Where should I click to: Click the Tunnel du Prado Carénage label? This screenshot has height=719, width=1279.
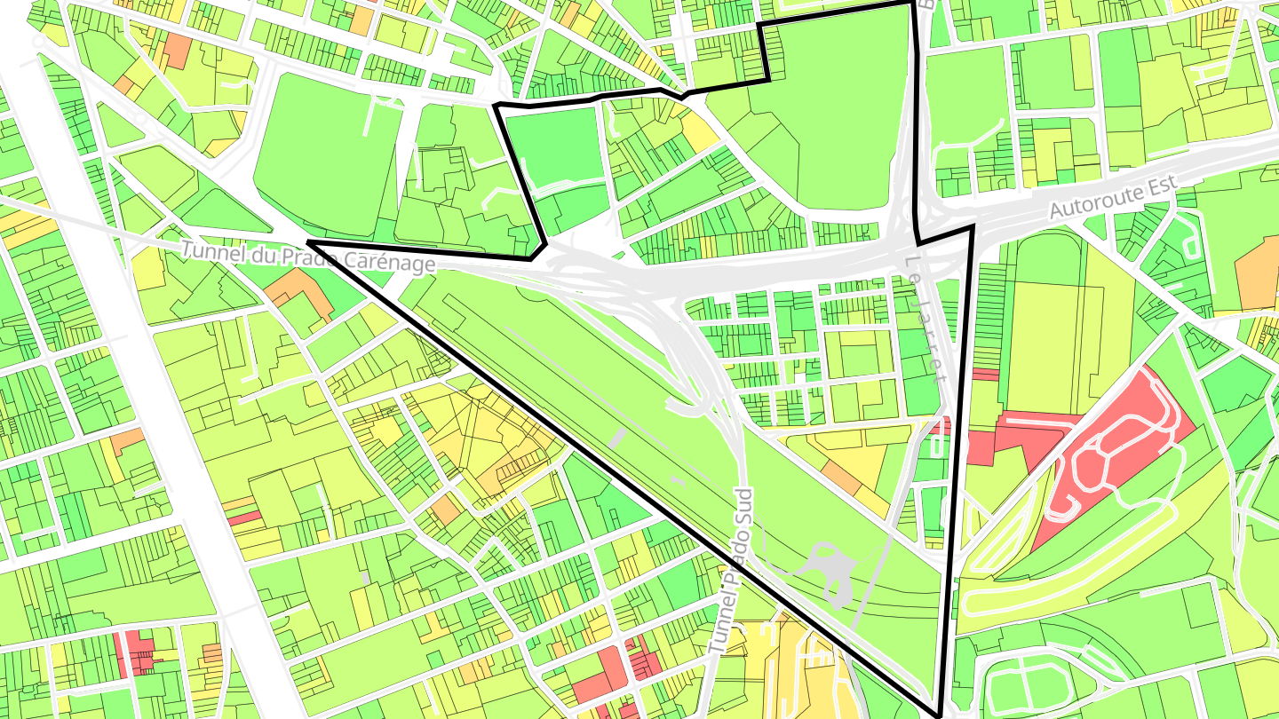pos(308,257)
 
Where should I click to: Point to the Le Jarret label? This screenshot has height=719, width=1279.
pos(927,318)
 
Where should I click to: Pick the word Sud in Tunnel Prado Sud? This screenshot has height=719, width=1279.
pos(743,506)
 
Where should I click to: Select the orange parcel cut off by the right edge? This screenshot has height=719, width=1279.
pos(1259,275)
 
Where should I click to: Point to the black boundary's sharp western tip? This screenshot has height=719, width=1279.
pos(308,241)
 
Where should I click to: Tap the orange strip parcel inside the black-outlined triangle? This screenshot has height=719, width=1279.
pos(842,478)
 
